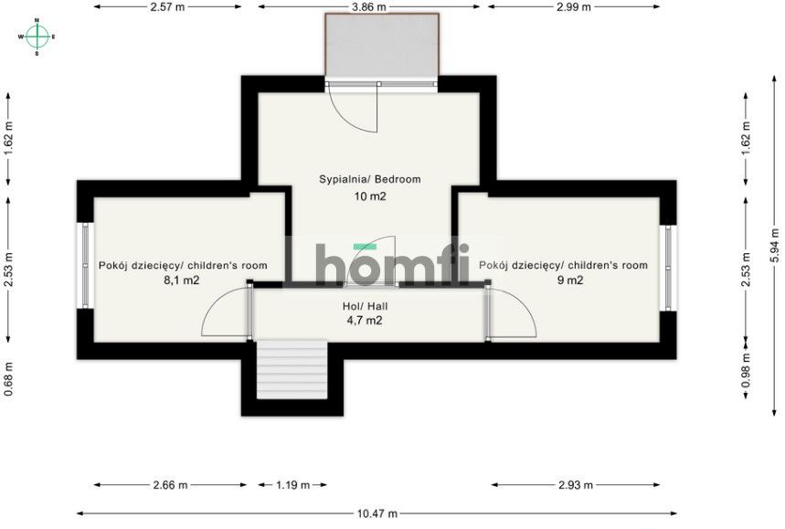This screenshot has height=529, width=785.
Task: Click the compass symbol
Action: click(37, 37)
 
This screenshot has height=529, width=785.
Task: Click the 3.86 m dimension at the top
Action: click(368, 6)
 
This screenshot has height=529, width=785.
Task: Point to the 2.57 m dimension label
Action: click(168, 6)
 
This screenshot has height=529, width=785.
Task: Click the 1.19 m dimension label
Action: click(293, 485)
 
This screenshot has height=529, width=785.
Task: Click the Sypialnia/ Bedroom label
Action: click(369, 179)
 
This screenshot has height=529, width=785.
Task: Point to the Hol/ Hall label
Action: click(364, 307)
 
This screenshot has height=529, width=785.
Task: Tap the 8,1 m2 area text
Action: click(182, 280)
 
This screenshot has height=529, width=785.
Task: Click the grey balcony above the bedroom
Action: click(381, 46)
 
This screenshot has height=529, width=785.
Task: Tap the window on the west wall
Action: click(84, 266)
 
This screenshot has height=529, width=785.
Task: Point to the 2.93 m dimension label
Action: click(574, 485)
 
